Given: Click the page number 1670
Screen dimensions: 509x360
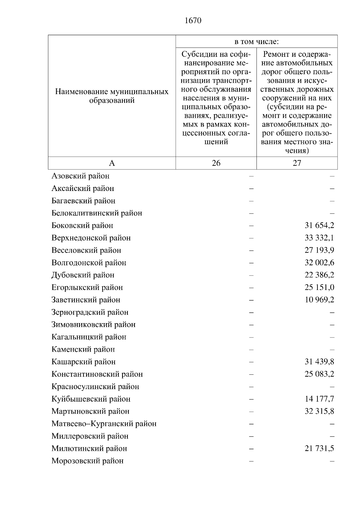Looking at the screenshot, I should pos(193,21).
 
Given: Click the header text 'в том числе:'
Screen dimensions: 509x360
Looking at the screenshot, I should pos(256,42).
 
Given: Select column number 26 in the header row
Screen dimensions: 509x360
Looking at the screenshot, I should pos(216,163).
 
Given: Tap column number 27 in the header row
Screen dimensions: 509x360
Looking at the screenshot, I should pos(297,163).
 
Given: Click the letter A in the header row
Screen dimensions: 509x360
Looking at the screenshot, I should pos(112,163).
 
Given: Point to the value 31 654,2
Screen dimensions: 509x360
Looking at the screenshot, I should pos(319,225).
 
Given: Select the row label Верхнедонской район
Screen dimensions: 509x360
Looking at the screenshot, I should pos(91,238).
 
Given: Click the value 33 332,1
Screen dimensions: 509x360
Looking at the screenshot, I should pos(319,238).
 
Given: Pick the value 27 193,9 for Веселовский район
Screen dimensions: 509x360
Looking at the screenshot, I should pos(319,250).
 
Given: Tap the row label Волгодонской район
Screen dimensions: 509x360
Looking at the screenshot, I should pos(89,263).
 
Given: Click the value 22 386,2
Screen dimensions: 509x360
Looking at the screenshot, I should pos(319,275).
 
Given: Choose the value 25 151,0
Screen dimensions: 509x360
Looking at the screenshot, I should pos(319,287).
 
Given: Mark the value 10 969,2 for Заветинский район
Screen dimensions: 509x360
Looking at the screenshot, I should pos(319,300).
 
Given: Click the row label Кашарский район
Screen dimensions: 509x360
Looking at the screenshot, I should pos(83,362).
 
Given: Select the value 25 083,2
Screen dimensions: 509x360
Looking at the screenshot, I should pos(319,374).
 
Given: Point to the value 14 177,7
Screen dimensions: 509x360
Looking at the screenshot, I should pos(319,399).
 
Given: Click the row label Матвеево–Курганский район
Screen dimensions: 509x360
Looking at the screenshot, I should pos(104,424).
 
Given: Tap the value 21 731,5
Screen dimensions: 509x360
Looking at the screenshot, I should pos(319,448).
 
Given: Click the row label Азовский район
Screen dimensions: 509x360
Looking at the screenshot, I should pos(80,176).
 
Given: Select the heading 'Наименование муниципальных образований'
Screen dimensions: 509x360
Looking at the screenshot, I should pos(112,96).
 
